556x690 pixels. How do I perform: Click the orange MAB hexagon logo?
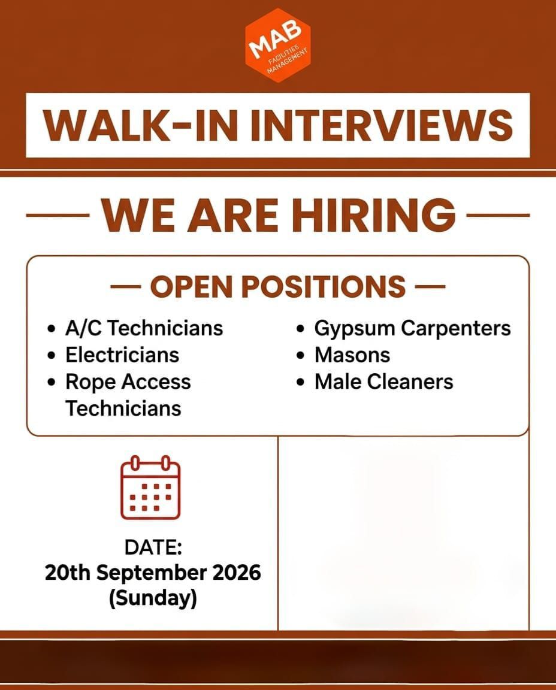(x=278, y=46)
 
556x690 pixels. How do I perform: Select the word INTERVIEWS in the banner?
(x=382, y=125)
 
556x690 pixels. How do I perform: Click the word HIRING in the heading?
(x=374, y=215)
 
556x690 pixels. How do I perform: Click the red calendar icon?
(x=150, y=488)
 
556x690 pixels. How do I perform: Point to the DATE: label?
(x=153, y=547)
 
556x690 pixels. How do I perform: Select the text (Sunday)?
(x=153, y=598)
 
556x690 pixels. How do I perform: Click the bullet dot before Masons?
(x=301, y=356)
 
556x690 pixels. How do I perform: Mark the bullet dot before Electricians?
(x=52, y=356)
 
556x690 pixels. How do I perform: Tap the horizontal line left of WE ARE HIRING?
(x=58, y=216)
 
